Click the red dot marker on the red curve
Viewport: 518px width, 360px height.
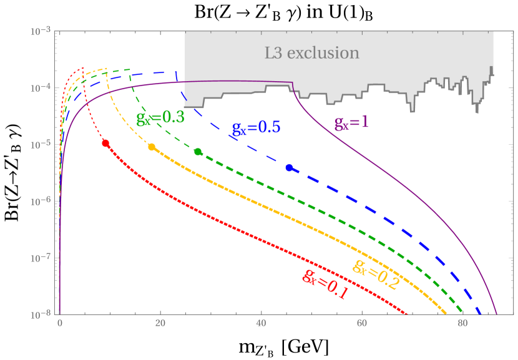105,143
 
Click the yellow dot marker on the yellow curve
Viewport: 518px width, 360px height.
151,147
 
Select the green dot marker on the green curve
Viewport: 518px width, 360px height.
198,152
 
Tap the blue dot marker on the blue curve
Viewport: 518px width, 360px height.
289,168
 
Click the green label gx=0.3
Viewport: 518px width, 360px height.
160,117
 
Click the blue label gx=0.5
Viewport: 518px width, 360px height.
256,127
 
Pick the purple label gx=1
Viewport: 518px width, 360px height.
351,122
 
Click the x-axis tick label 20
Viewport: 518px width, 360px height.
160,324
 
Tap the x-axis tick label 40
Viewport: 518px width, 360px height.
261,324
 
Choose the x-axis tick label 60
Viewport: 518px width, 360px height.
361,324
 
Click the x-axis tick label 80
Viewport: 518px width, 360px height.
462,324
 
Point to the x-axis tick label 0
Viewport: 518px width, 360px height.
60,324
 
